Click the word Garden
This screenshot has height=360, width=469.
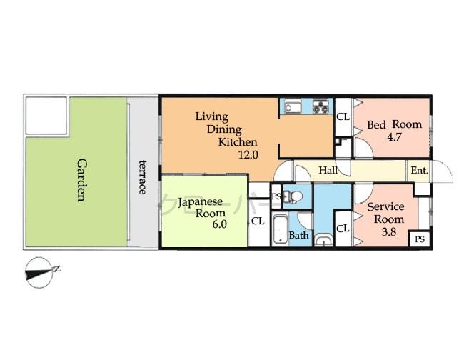(81, 179)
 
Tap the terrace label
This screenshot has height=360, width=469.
(143, 176)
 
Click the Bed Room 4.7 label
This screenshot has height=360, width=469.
(394, 130)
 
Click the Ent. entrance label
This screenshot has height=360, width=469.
(418, 171)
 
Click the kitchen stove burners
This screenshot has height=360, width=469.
(321, 109)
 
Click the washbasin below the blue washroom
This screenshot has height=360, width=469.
(324, 240)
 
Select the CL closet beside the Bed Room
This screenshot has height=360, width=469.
(343, 116)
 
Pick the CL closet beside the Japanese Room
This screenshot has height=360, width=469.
(258, 221)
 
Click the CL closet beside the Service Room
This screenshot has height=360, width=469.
(343, 229)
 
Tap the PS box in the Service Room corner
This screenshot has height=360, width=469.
(418, 239)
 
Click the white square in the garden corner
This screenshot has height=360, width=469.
(46, 116)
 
